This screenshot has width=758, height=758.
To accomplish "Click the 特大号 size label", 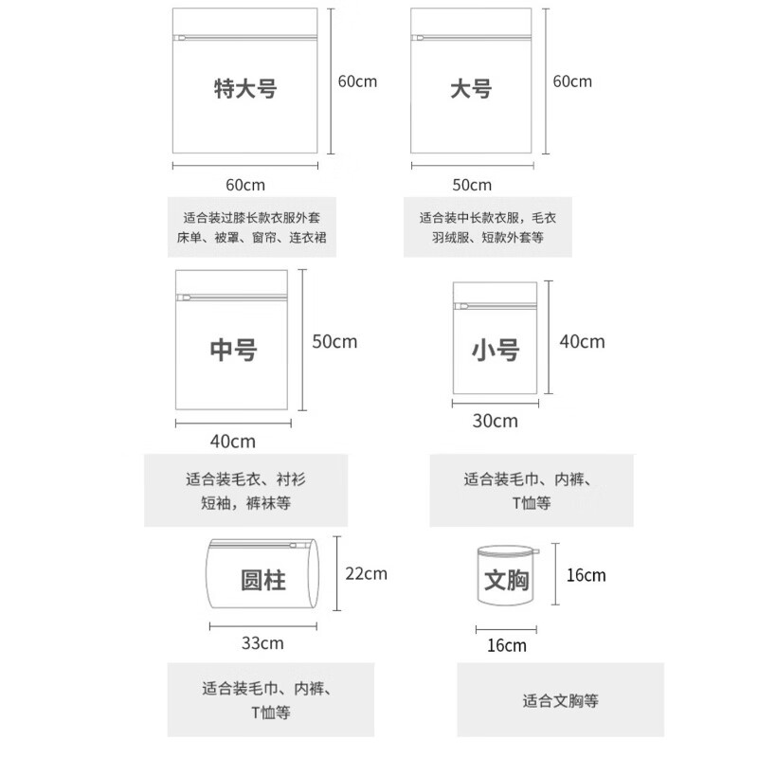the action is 244,90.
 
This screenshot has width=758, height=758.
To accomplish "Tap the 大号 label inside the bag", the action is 470,90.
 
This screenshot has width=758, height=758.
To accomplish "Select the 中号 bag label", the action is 233,349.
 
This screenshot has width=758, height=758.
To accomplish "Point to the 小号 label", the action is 495,350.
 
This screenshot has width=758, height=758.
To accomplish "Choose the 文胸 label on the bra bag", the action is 504,579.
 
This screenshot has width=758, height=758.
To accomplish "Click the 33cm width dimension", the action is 262,643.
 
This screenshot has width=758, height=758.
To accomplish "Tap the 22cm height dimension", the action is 366,573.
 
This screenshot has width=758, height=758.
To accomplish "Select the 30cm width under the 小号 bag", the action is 495,421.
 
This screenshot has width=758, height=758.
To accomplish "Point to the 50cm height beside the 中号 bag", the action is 334,341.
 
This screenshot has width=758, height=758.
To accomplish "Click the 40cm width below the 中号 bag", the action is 232,441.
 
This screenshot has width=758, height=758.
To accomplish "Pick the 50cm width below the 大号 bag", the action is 472,184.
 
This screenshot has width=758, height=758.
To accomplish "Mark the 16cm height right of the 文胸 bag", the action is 586,575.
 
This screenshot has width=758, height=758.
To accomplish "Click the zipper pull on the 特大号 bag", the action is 180,39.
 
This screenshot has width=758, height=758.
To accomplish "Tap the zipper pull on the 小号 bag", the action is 461,307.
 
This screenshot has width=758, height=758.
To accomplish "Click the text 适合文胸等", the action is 560,702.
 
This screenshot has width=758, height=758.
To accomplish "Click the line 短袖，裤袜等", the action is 244,501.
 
